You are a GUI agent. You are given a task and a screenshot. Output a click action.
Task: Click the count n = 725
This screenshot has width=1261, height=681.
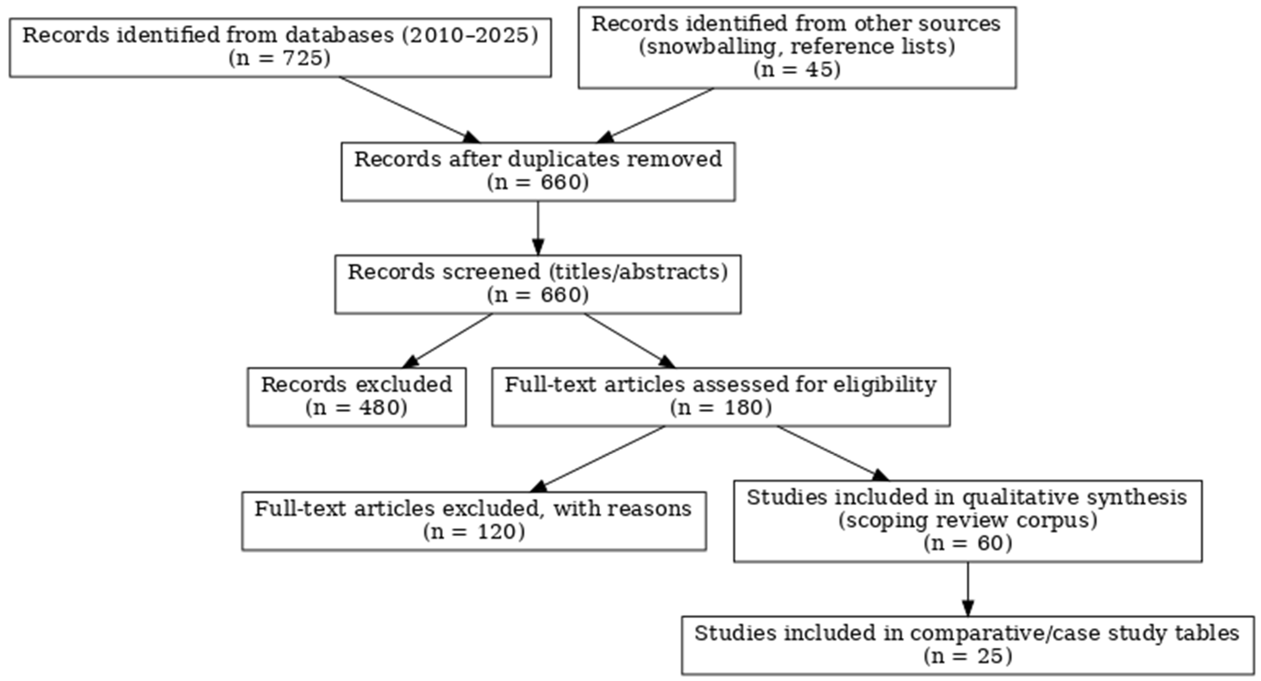coord(280,58)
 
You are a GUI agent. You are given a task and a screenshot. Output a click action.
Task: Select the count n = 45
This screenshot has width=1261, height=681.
coord(797,69)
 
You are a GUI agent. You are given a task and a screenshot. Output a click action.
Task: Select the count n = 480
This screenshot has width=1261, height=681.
coord(357,408)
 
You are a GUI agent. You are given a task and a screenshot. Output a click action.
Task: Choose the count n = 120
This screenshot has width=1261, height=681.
coord(474,532)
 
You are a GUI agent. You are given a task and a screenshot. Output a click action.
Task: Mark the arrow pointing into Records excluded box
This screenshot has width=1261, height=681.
coord(448,340)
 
